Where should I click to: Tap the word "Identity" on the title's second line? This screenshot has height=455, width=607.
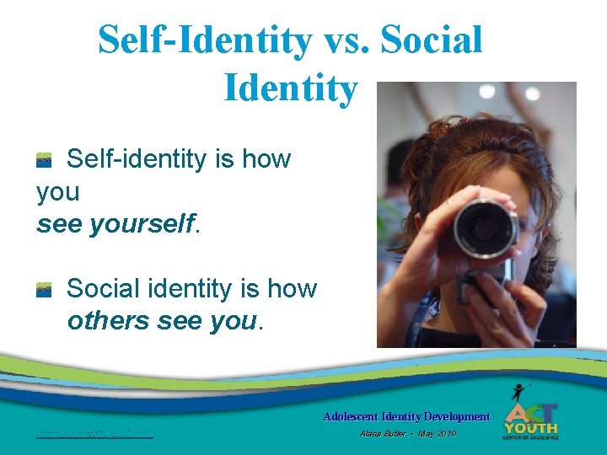coord(290,88)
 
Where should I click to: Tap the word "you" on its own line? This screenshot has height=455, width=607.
coord(57,192)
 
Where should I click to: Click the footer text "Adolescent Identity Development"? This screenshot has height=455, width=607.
coord(406,416)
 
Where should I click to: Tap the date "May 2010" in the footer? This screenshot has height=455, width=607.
coord(437,433)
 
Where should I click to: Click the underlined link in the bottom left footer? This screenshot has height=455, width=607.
coord(94,435)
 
